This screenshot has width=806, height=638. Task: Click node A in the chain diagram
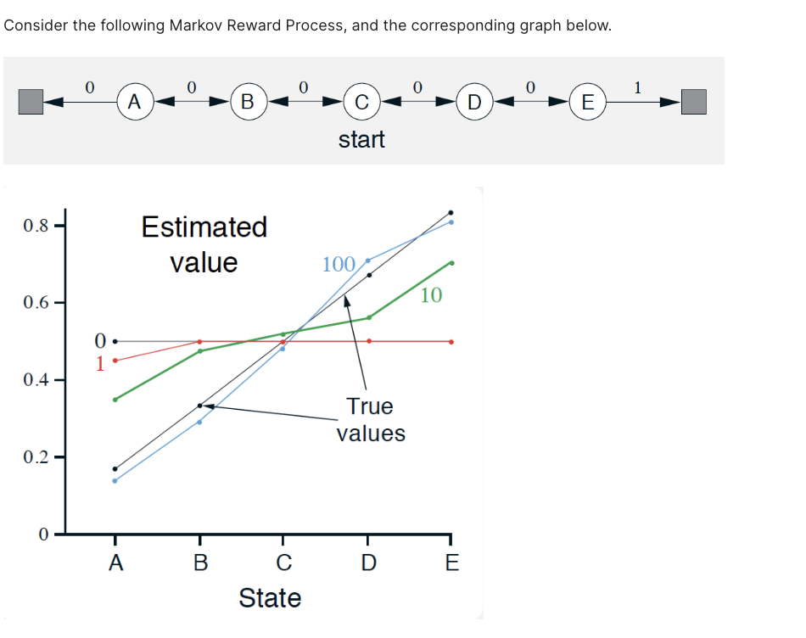coord(133,103)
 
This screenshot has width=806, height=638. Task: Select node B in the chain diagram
coord(247,103)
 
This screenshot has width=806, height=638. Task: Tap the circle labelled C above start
coord(361,104)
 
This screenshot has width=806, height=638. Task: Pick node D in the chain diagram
coord(474,104)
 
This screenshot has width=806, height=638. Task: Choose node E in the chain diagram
coord(587,104)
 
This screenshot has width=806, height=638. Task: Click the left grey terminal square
coord(31,103)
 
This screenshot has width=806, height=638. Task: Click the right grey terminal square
coord(693,103)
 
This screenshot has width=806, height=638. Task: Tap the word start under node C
coord(361,139)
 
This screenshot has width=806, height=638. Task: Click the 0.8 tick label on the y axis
coord(36,226)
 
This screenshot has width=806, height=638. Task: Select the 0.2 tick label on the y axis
coord(36,457)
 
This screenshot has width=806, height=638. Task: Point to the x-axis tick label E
coord(451,562)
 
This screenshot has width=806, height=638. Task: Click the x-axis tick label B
coord(200,562)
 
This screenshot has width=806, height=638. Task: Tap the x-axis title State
coord(270,598)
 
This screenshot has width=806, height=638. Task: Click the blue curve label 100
coord(339,265)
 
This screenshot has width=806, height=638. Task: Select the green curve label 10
coord(431,295)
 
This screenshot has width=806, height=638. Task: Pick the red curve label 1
coord(100,363)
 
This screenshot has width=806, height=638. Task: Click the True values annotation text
coord(371,420)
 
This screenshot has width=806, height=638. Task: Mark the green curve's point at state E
coord(451,263)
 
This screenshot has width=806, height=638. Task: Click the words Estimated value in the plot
coord(204,244)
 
